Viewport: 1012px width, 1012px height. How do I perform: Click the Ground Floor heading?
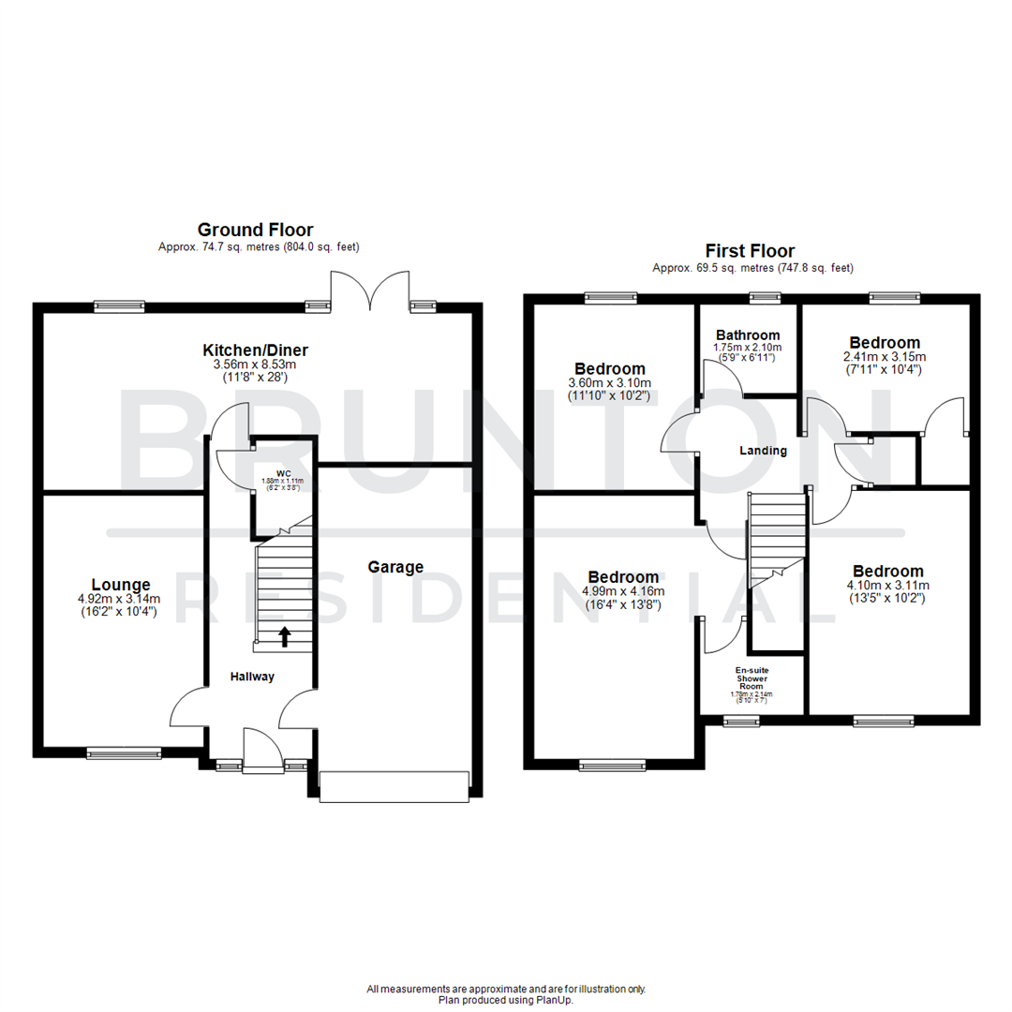[x=255, y=230]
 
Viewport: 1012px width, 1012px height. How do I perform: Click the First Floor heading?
[x=750, y=251]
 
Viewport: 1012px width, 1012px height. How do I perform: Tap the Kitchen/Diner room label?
[x=255, y=350]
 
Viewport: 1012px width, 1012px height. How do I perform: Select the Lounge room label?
[x=120, y=586]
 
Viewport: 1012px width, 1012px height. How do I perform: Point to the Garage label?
[x=394, y=567]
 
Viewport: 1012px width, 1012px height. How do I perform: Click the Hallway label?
[x=253, y=677]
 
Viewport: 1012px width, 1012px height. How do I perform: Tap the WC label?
[x=282, y=472]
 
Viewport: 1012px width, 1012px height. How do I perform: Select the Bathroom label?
[x=748, y=335]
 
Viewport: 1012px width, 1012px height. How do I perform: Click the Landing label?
[x=763, y=451]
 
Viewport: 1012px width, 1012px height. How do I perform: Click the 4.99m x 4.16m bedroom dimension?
[x=622, y=591]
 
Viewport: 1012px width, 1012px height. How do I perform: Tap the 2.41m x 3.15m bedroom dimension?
[x=884, y=357]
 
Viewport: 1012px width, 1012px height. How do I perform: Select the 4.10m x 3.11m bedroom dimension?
[x=887, y=586]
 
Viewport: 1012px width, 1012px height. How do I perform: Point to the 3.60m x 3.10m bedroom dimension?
[x=610, y=382]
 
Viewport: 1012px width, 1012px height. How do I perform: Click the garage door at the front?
[x=394, y=786]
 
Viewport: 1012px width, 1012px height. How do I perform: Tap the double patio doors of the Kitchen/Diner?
[x=371, y=291]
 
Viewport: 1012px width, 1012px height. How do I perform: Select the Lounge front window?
[x=124, y=752]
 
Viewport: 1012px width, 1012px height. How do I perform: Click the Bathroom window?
[x=765, y=298]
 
